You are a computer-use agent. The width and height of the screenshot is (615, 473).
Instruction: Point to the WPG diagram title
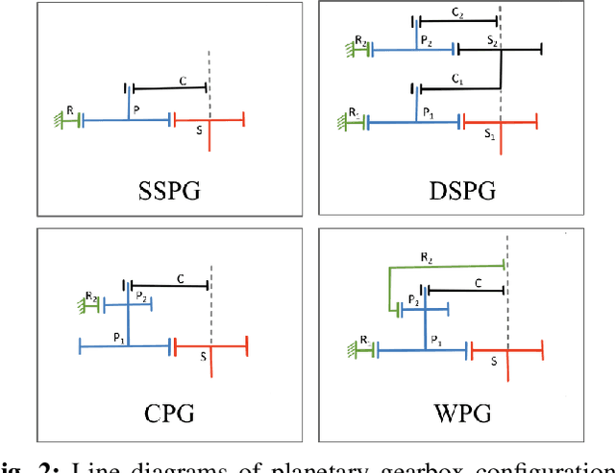(461, 414)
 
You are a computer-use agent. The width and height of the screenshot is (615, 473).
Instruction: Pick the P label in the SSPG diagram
(136, 110)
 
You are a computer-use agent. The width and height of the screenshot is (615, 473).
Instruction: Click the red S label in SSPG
(199, 132)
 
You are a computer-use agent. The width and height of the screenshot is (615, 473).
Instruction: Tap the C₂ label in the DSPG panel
(457, 13)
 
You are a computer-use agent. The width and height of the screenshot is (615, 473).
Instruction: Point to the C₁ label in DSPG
(458, 80)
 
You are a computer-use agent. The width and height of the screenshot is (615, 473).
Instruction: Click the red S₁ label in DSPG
(488, 136)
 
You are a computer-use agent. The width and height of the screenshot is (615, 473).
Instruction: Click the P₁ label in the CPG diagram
(119, 338)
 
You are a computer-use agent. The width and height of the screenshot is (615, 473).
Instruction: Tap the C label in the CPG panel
(180, 278)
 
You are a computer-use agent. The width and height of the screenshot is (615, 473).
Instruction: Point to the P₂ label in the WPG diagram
(414, 299)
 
